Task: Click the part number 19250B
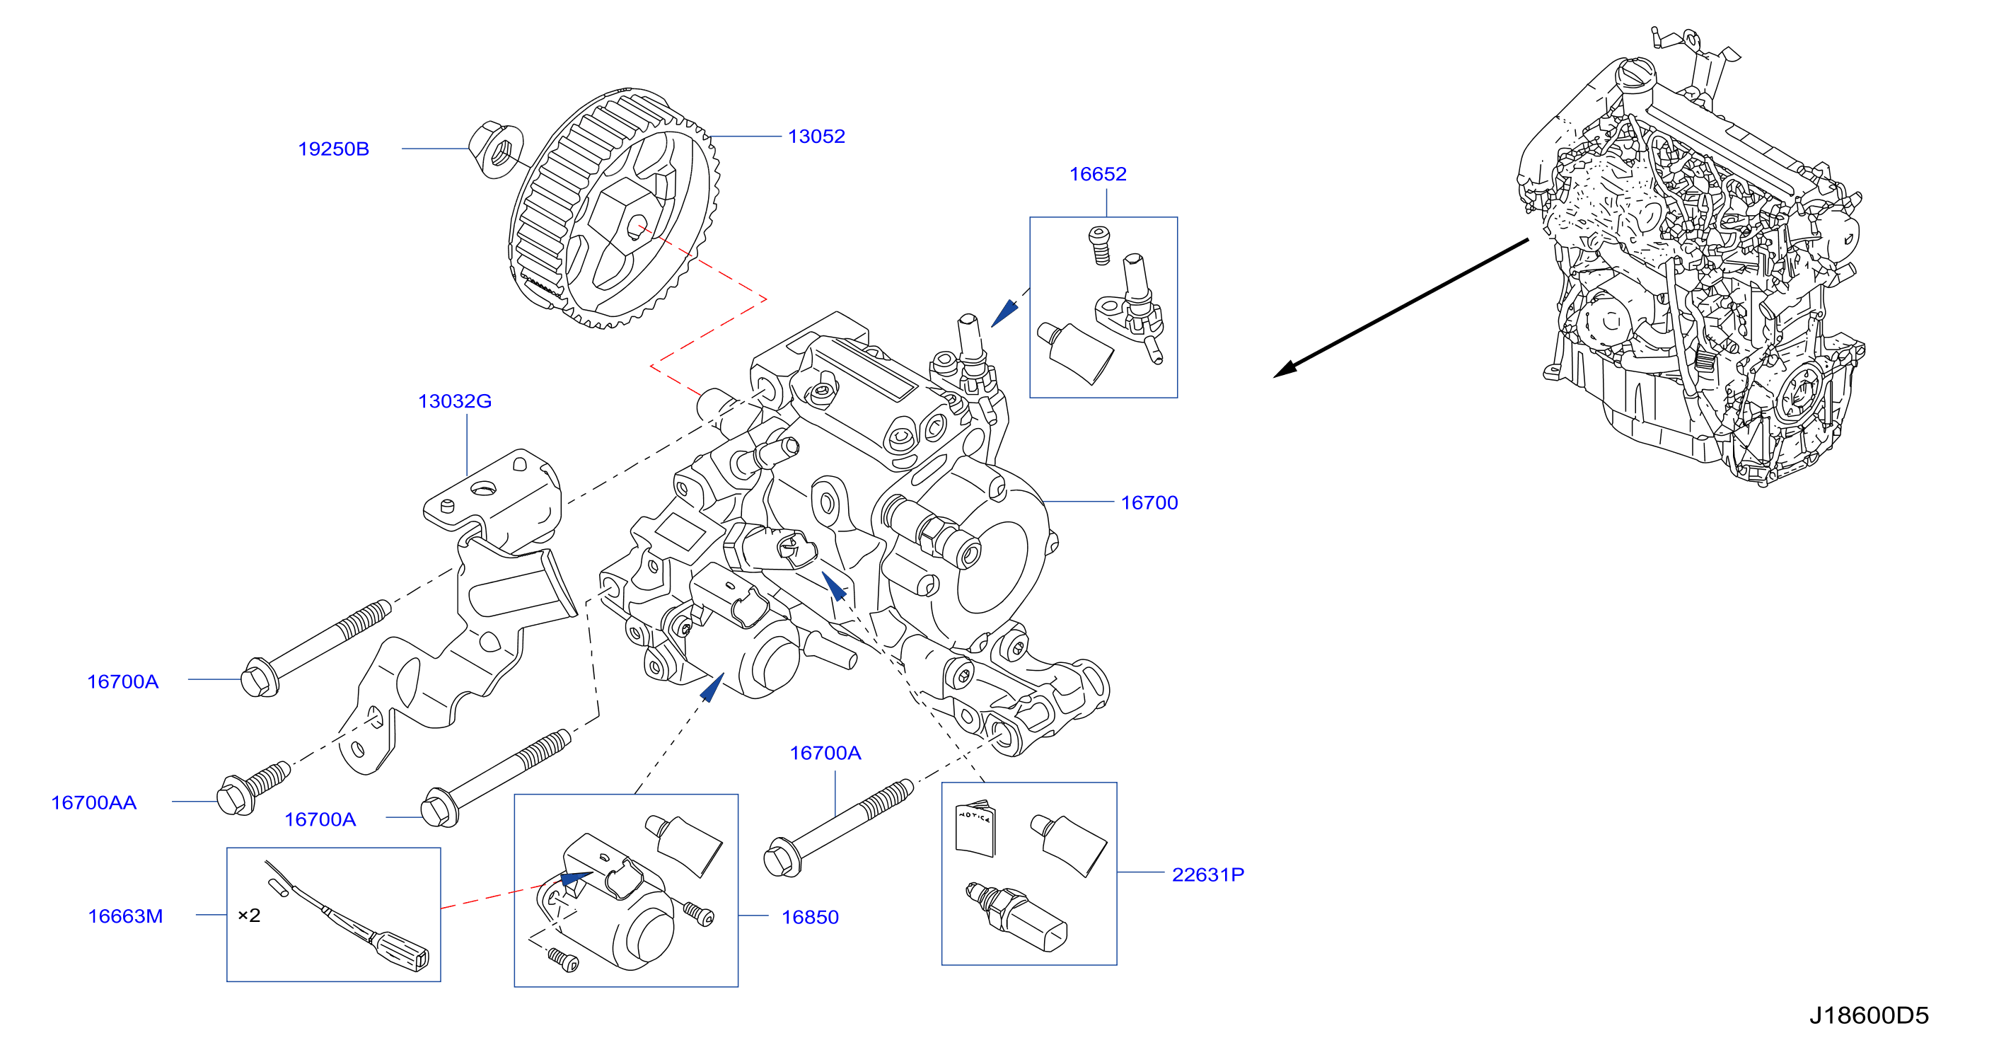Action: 333,149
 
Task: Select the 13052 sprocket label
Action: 816,137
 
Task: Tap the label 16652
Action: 1098,173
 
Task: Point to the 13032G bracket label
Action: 455,401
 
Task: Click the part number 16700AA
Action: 93,802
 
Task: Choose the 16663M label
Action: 125,916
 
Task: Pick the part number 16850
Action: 810,917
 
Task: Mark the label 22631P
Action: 1208,875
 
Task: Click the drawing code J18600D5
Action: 1868,1015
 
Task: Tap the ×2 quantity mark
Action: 249,916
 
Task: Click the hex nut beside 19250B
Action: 496,149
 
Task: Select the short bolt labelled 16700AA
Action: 254,788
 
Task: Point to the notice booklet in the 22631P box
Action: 975,828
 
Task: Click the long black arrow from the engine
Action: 1401,308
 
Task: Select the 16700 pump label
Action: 1149,502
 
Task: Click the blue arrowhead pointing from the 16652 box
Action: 1004,313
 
